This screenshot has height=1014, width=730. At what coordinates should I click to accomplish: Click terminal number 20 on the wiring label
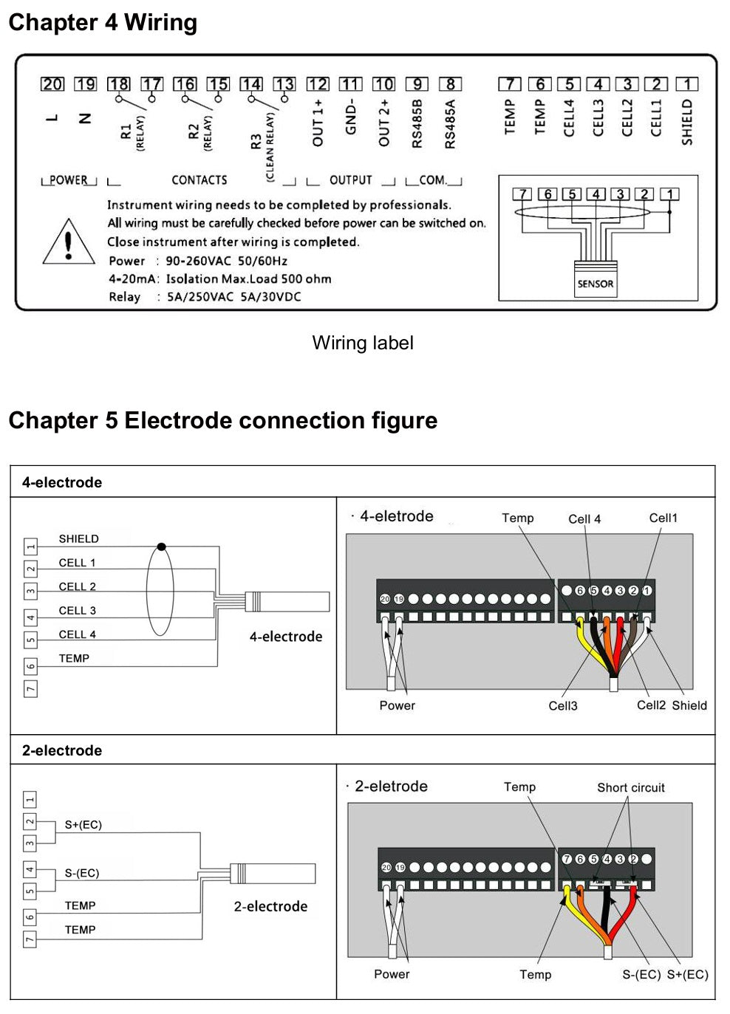pos(52,84)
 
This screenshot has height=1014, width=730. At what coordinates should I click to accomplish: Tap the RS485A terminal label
pos(450,124)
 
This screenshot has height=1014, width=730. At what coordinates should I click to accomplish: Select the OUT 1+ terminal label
pos(318,123)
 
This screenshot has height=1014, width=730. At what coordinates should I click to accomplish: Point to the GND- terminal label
pos(351,117)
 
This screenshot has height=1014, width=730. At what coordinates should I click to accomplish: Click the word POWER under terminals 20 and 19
pos(68,180)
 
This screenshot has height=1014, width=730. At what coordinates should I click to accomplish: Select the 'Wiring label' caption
pos(362,343)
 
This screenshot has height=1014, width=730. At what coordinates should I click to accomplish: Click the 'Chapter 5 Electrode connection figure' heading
pos(222,420)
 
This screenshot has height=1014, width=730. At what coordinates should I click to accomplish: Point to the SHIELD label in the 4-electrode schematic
pos(78,539)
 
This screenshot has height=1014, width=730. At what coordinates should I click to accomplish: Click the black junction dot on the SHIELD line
pos(161,547)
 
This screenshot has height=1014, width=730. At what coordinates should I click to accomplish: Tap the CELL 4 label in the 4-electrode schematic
pos(77,634)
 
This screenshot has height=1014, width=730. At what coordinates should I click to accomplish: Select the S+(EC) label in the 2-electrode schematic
pos(83,825)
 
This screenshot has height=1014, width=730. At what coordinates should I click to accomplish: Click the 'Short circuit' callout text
pos(630,787)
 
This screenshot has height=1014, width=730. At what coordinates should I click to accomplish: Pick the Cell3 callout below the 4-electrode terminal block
pos(562,706)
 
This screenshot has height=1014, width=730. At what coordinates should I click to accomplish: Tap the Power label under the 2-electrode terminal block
pos(392,974)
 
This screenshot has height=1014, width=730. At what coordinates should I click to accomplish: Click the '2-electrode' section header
pos(62,750)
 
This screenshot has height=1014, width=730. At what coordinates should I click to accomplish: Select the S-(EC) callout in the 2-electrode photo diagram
pos(641,975)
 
